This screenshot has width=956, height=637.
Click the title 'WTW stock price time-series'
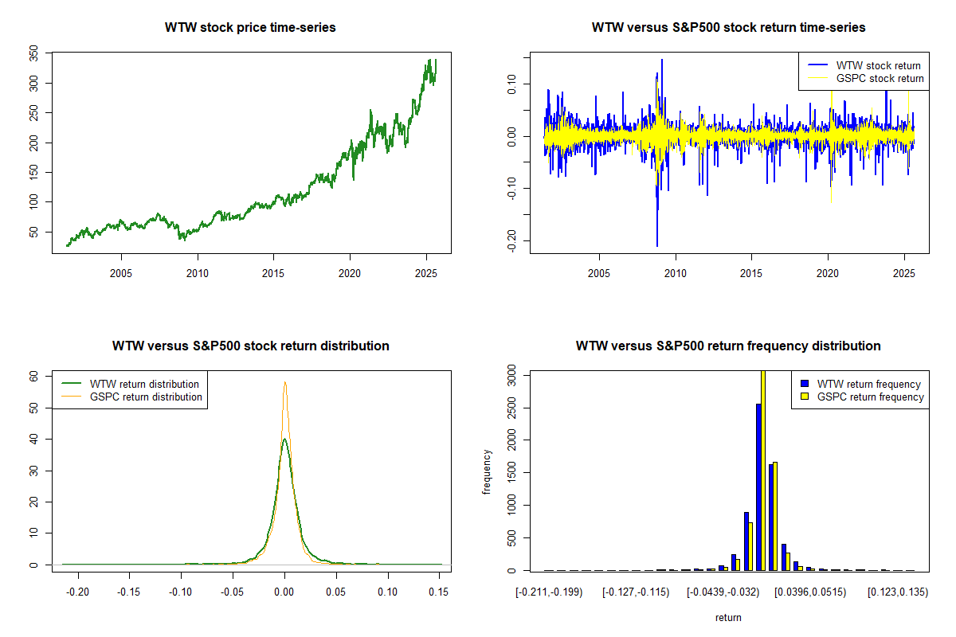pos(250,28)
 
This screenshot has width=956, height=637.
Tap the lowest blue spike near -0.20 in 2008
pos(657,245)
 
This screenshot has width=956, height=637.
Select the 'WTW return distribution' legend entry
pos(144,384)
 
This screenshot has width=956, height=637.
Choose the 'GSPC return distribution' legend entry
pos(146,397)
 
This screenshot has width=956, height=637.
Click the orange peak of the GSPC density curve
pos(284,382)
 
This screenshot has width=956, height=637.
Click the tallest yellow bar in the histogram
pos(762,470)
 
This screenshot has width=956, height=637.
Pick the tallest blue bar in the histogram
pos(758,487)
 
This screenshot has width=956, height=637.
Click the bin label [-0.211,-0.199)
pos(550,592)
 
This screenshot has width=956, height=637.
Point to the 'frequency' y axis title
pos(487,471)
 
